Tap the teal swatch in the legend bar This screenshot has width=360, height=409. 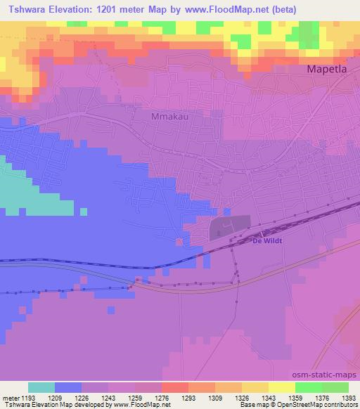tap(41, 387)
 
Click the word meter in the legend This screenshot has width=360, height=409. tap(11, 398)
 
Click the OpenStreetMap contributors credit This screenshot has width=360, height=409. tap(323, 405)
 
